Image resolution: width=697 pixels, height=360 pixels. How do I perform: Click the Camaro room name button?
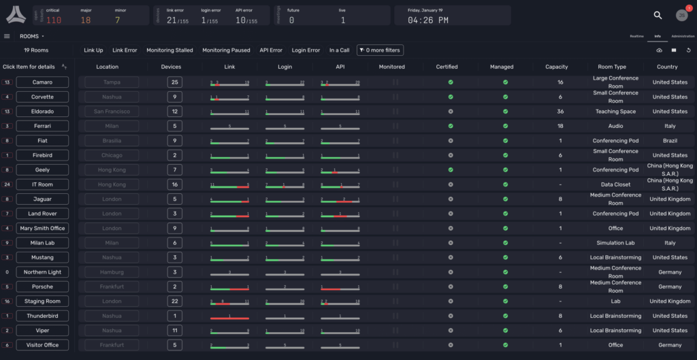pos(42,82)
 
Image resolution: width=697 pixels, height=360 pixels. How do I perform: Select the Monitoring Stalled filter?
pos(169,50)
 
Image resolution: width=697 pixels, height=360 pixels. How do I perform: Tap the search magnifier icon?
pos(658,15)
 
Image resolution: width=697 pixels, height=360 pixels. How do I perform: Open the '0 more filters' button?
pos(380,50)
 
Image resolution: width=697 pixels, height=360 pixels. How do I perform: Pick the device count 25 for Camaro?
pos(175,82)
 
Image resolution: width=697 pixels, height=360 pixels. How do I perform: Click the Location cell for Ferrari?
pos(111,126)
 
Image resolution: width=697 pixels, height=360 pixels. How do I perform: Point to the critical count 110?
pos(54,20)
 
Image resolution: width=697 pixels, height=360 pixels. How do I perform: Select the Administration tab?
pos(683,36)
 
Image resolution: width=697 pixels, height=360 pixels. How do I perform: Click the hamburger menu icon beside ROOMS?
pos(7,36)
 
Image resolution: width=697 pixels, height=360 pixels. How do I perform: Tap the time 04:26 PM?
pos(427,20)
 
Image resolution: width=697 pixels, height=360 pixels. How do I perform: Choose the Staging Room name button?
pos(42,301)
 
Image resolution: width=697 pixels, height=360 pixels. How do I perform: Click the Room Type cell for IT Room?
pos(615,184)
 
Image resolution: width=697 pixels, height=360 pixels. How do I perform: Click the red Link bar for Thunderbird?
pos(229,318)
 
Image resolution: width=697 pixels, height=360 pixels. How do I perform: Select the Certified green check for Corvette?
pos(450,97)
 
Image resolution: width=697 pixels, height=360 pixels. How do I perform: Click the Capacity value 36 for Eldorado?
pos(560,112)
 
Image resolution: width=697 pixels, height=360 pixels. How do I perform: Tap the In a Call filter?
pos(339,50)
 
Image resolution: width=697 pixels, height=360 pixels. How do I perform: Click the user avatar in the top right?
pos(681,16)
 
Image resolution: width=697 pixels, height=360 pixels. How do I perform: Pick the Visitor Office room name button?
pos(42,345)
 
